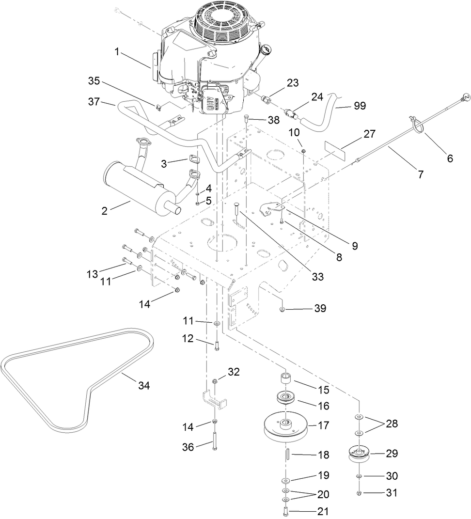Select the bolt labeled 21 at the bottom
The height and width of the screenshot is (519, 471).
(x=285, y=511)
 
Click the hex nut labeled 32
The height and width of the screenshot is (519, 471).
(x=215, y=381)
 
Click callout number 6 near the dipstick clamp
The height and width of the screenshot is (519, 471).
(x=450, y=158)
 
